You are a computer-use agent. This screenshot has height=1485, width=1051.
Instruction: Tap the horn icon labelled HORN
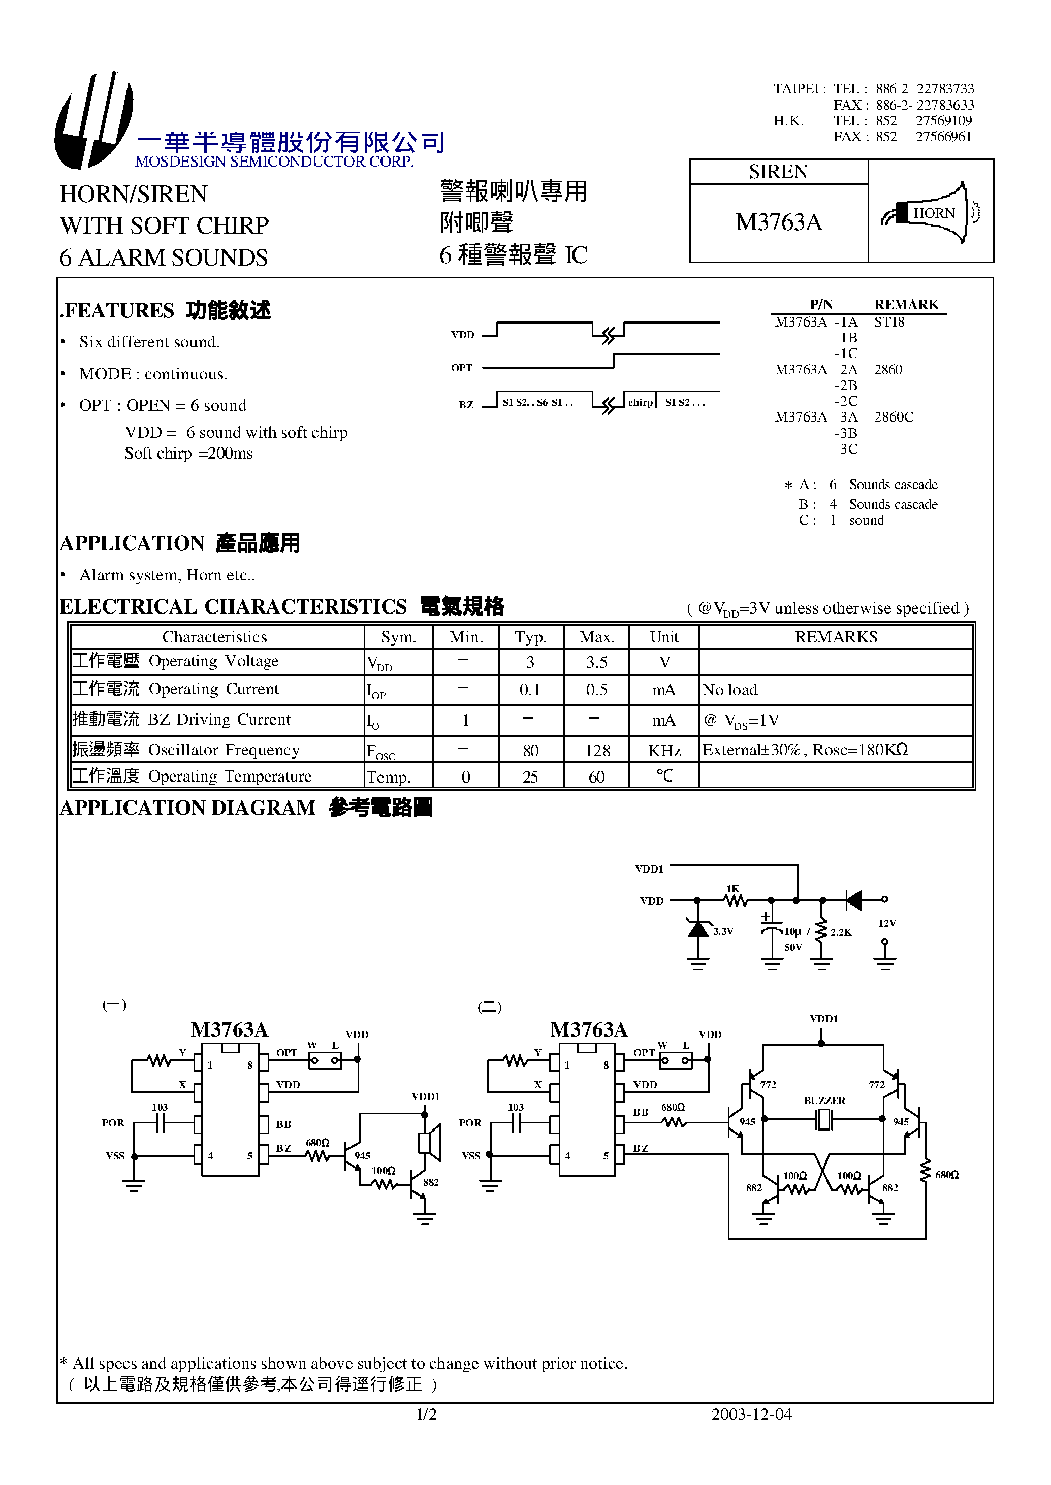pyautogui.click(x=931, y=213)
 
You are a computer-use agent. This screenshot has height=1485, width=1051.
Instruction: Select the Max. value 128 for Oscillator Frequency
pyautogui.click(x=597, y=751)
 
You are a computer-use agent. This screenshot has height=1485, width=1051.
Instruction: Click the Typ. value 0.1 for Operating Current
pyautogui.click(x=529, y=690)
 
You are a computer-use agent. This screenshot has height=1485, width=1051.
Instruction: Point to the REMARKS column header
pyautogui.click(x=836, y=637)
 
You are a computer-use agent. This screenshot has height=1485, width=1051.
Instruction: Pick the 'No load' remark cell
pyautogui.click(x=730, y=690)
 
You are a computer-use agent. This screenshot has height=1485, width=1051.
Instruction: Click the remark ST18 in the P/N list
pyautogui.click(x=888, y=322)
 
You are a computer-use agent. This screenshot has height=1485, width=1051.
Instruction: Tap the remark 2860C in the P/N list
pyautogui.click(x=893, y=417)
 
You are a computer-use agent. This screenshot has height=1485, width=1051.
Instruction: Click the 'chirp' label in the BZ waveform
pyautogui.click(x=640, y=402)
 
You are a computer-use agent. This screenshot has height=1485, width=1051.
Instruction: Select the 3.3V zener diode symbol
pyautogui.click(x=697, y=930)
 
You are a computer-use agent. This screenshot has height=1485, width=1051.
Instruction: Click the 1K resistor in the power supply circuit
pyautogui.click(x=735, y=899)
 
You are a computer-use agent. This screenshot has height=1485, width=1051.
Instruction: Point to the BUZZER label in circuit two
pyautogui.click(x=824, y=1101)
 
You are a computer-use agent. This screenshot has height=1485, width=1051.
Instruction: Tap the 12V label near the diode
pyautogui.click(x=886, y=923)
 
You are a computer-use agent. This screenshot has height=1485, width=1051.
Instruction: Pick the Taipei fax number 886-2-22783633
pyautogui.click(x=924, y=105)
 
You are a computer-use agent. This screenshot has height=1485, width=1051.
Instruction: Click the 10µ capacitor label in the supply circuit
pyautogui.click(x=792, y=932)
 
